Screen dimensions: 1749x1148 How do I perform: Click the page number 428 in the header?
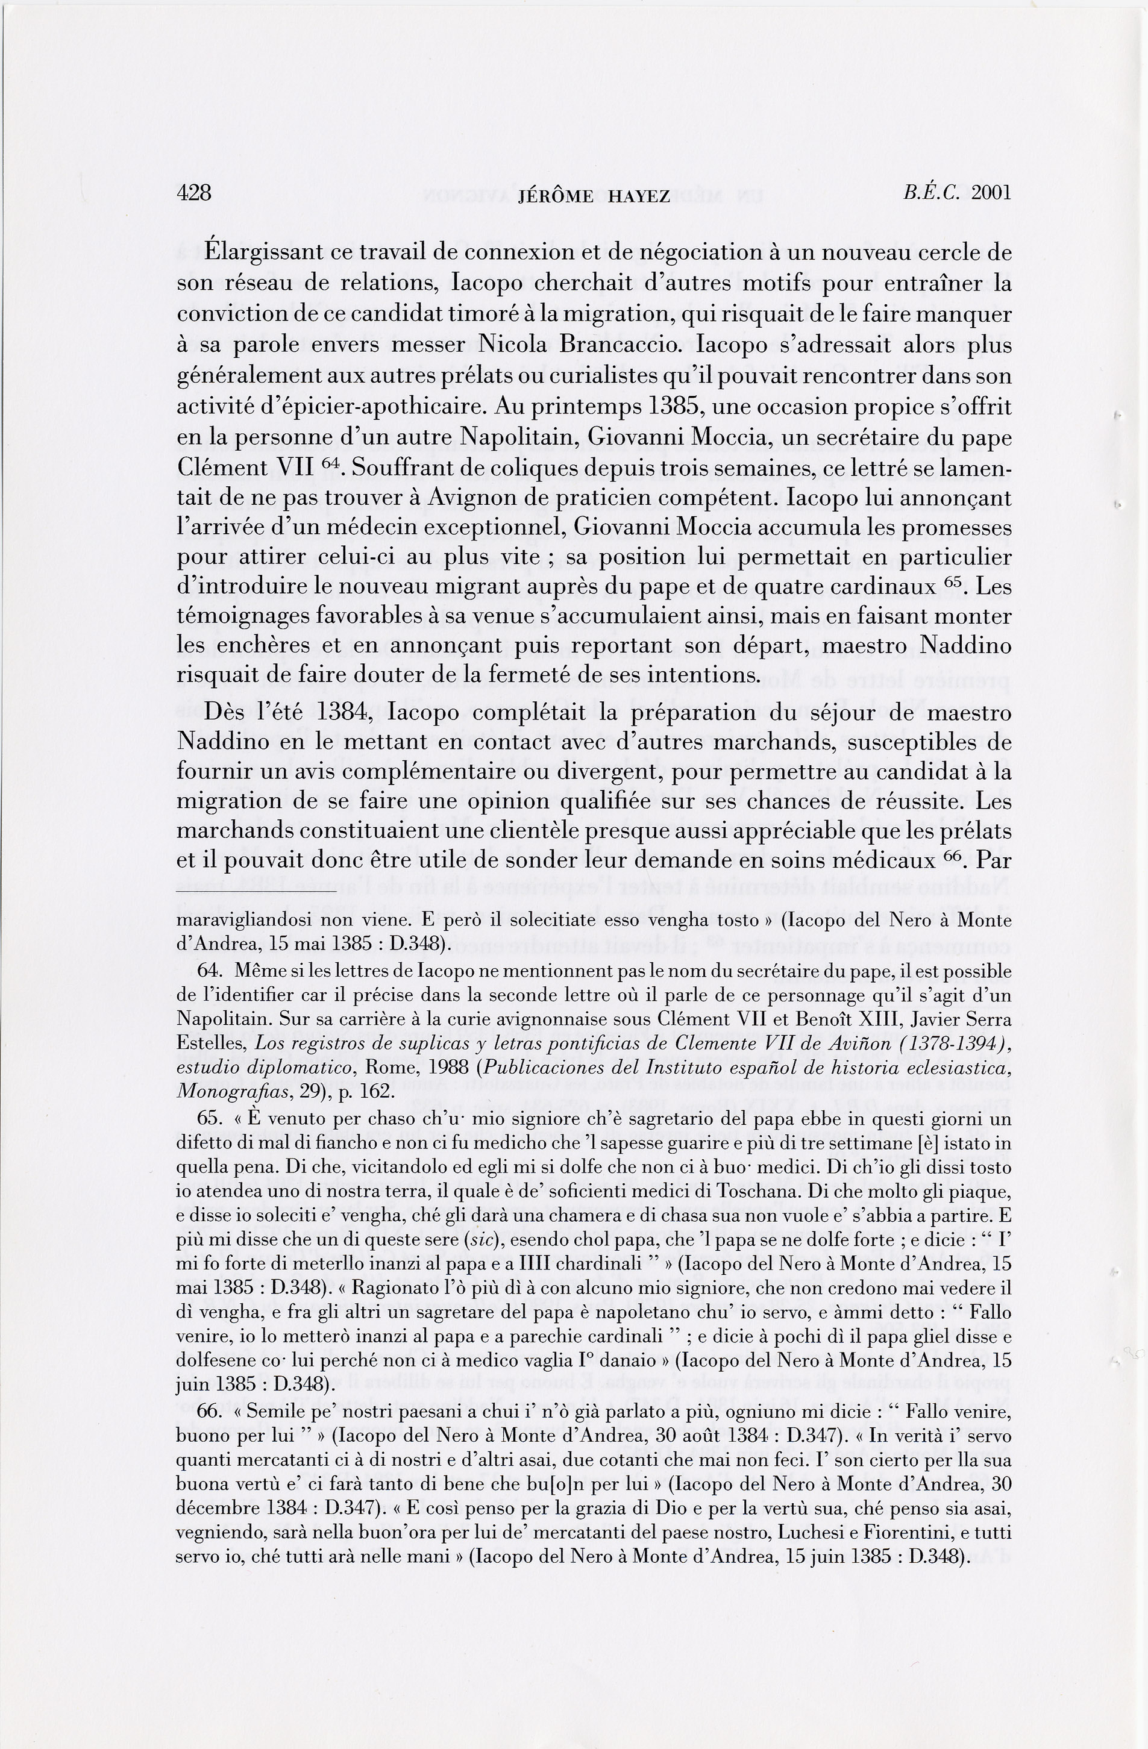pos(194,193)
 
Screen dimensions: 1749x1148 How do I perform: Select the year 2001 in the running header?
pos(991,193)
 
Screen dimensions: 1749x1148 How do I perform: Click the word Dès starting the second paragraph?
pos(224,713)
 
